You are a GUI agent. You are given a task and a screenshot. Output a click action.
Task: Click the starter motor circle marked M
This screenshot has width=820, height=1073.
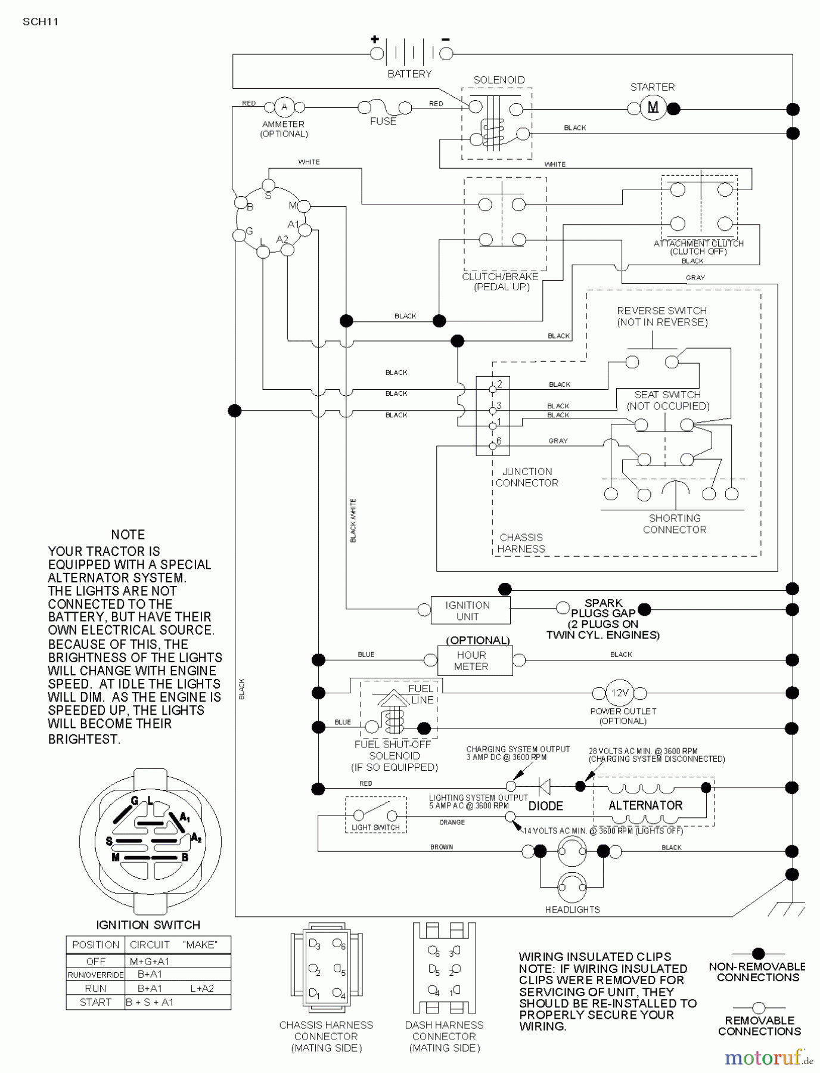[653, 108]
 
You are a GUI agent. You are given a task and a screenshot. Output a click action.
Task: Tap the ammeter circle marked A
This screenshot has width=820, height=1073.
[284, 107]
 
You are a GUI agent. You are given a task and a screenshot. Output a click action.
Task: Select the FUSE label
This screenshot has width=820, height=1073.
[383, 122]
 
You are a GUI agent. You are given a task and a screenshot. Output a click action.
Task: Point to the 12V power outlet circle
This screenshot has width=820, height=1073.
[619, 693]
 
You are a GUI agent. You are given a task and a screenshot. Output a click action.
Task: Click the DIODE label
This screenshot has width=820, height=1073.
[546, 806]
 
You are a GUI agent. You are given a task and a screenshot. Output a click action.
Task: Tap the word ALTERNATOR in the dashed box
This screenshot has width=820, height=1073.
[645, 805]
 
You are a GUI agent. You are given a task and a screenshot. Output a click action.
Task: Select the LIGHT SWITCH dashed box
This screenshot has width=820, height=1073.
[375, 815]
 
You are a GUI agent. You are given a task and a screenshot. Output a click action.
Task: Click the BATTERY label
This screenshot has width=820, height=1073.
[409, 74]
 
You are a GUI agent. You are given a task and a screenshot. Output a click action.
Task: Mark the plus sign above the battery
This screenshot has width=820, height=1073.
[374, 40]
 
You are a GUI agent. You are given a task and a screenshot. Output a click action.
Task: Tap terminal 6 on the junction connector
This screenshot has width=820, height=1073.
[493, 446]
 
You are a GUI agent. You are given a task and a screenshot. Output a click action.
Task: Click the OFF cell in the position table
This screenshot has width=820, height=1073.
[96, 962]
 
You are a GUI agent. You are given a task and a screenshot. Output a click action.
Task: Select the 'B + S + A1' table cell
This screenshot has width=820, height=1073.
[150, 1002]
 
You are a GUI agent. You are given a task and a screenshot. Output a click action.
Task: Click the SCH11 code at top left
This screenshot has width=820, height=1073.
[41, 22]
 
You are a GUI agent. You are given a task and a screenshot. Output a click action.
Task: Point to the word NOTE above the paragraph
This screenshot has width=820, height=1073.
[128, 535]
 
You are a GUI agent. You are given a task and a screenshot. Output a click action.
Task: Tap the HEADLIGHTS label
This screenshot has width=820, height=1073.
[572, 910]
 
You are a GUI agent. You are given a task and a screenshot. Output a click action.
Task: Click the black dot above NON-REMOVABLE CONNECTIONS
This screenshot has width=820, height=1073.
[758, 954]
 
